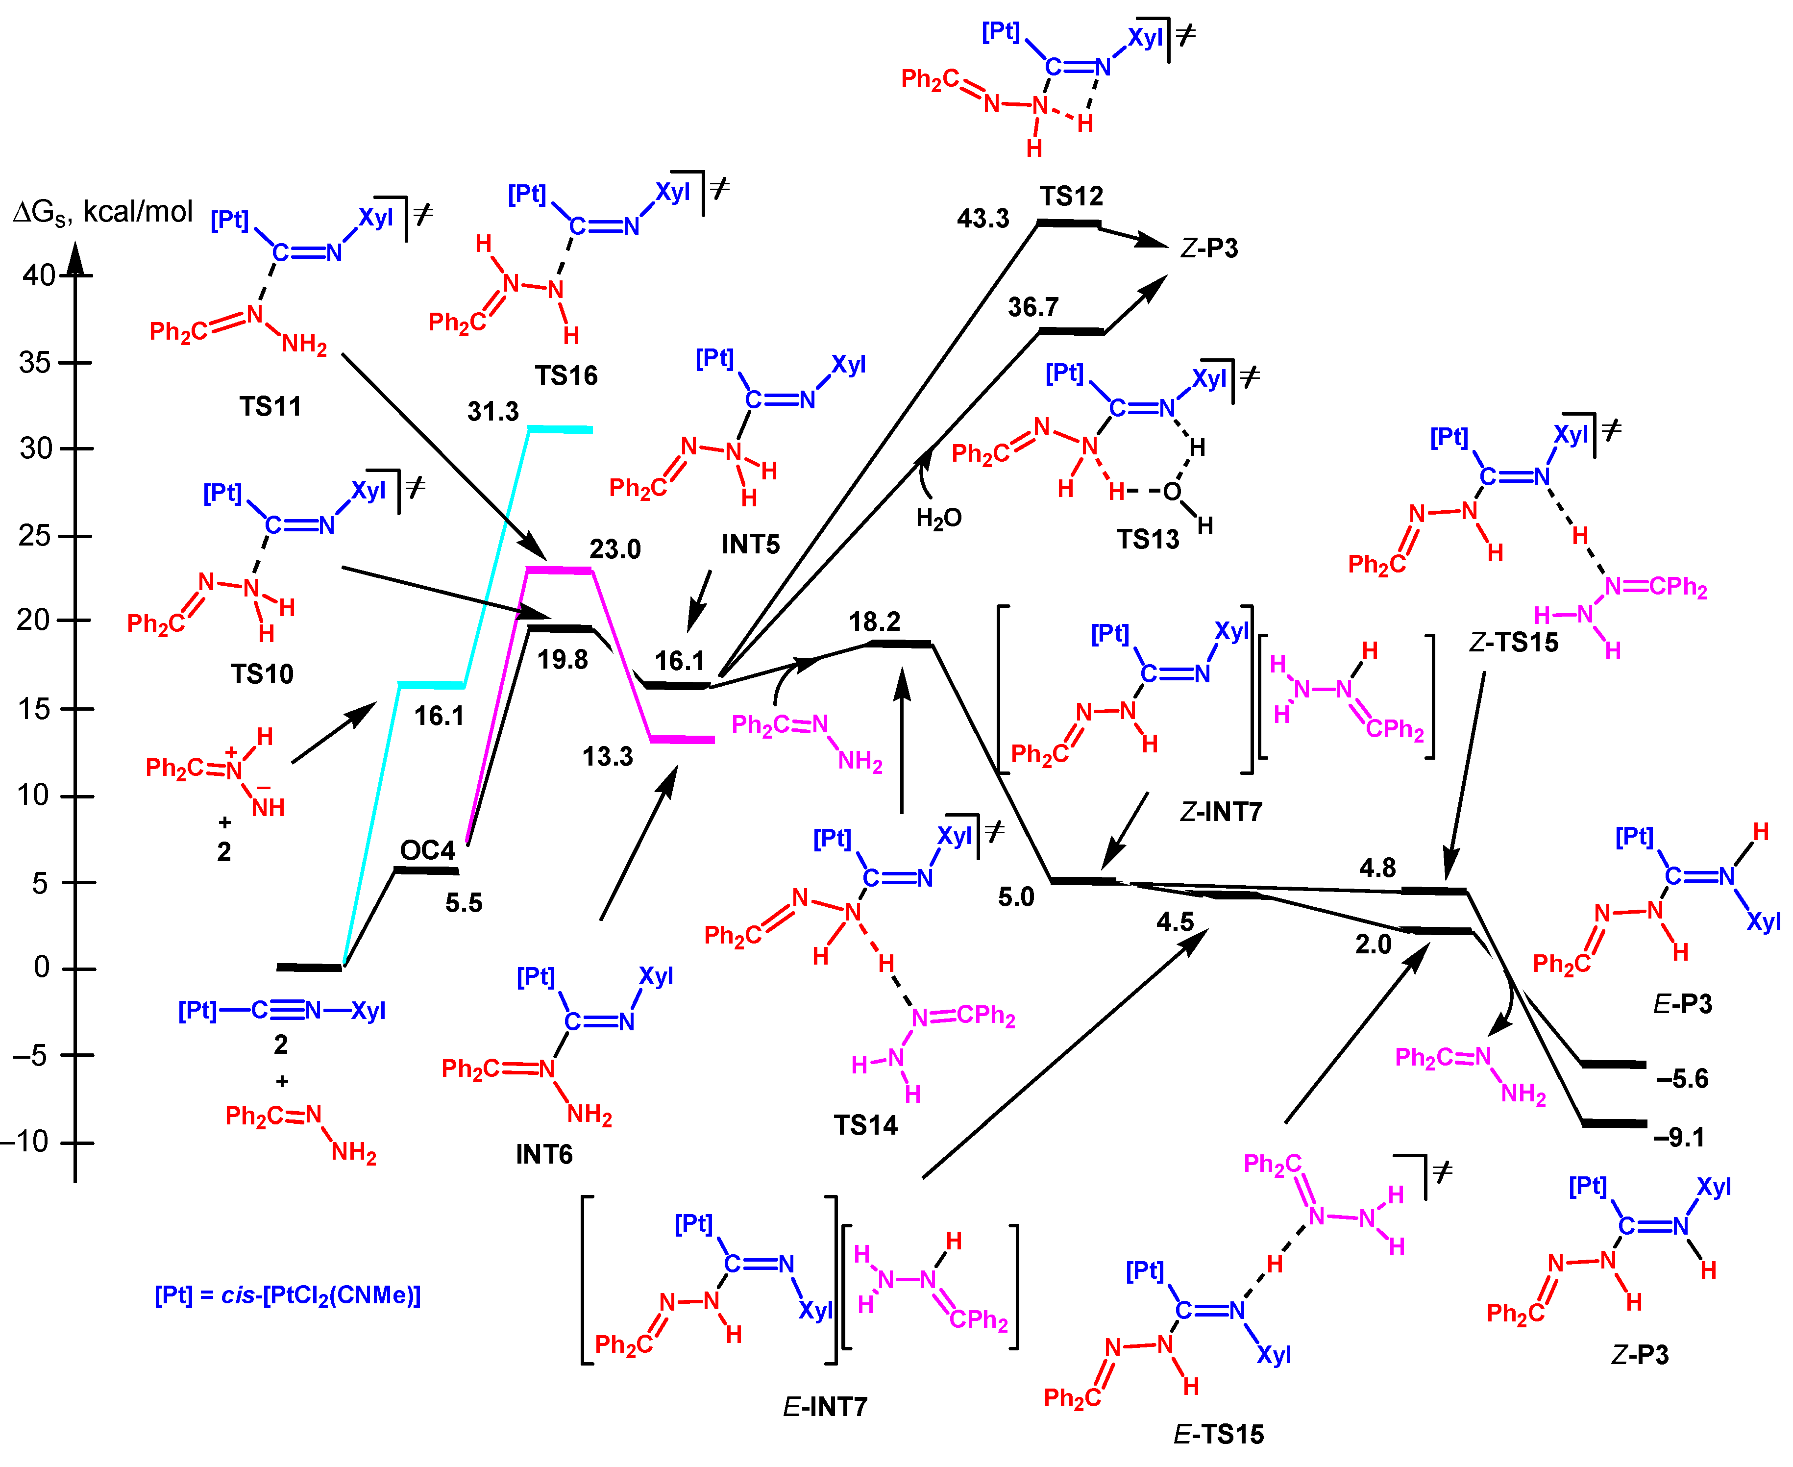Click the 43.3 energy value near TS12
tap(982, 219)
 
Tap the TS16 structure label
tap(565, 375)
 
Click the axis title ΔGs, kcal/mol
tap(103, 211)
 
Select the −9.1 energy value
tap(1679, 1138)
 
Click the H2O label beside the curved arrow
tap(939, 518)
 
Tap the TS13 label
tap(1148, 539)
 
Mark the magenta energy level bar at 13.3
tap(683, 740)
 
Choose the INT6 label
tap(544, 1154)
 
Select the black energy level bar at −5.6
tap(1614, 1065)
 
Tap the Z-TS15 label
tap(1513, 642)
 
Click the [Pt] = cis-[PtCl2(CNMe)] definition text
tap(287, 1295)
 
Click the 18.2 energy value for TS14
tap(875, 622)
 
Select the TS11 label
tap(270, 406)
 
